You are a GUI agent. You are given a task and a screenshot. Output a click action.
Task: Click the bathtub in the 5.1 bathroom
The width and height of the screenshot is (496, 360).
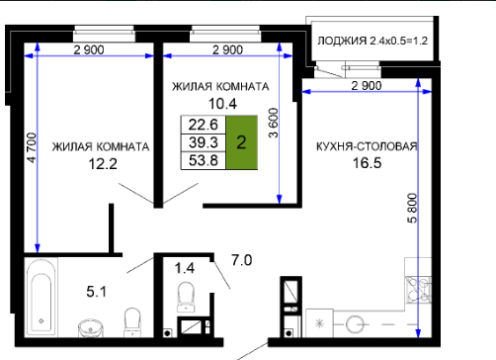41,297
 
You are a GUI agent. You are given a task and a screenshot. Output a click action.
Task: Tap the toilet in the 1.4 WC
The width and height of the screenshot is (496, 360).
186,297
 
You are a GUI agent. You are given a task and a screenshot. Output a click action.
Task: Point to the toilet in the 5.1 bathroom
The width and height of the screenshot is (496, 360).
132,322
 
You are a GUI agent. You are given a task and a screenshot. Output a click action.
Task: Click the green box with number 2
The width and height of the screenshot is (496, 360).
241,142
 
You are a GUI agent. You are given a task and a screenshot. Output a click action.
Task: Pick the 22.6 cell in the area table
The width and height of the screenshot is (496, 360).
204,125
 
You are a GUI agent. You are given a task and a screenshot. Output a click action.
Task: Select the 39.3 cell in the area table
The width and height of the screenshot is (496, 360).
204,142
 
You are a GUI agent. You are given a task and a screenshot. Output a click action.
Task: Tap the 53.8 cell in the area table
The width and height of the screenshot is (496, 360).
204,160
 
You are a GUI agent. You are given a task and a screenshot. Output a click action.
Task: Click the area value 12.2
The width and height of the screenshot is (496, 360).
103,164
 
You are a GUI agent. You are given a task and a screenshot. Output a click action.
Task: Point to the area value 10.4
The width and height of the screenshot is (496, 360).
222,104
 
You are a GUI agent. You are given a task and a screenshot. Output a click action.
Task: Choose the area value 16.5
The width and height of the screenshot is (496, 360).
368,163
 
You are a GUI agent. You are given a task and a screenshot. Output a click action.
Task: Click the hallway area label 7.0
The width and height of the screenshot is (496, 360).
242,260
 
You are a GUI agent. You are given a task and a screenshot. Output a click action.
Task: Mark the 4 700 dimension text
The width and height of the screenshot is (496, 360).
32,147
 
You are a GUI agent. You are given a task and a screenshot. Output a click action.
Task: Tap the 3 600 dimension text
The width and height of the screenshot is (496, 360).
274,123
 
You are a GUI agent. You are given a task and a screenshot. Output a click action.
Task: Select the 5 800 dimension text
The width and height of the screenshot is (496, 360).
412,209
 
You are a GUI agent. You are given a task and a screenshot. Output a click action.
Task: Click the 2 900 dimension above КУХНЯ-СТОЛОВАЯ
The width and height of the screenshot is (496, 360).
367,86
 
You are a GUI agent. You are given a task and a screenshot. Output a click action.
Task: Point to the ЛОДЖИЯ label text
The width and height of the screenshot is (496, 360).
342,41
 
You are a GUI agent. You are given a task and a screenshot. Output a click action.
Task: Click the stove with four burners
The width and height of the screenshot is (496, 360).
418,290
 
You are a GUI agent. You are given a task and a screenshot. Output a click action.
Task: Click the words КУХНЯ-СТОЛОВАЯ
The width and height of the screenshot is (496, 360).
367,146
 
